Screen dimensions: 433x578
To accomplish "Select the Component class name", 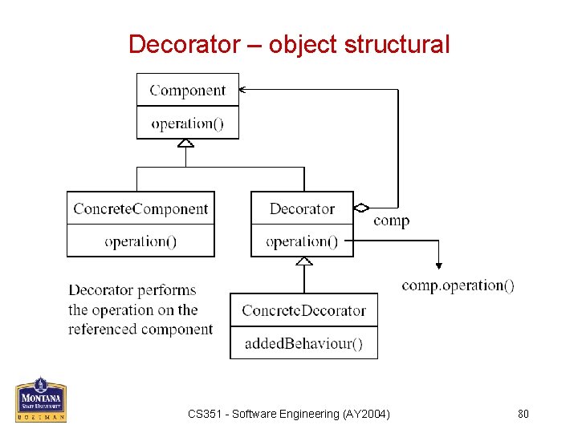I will [188, 91].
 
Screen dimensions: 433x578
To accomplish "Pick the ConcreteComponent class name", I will [140, 209].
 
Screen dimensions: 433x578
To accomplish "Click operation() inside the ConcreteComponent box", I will [140, 241].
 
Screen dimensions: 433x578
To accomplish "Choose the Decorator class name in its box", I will [302, 209].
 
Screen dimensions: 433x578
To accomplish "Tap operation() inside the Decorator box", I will [302, 241].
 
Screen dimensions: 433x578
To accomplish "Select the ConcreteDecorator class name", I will [303, 310].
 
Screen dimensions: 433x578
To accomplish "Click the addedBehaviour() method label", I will [303, 344].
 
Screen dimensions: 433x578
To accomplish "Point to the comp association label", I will [391, 221].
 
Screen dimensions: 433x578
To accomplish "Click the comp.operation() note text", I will [458, 285].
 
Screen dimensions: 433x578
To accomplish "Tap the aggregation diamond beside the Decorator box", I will [361, 208].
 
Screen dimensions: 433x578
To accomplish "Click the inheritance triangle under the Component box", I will [186, 144].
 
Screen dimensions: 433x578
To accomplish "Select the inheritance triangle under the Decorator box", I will [303, 261].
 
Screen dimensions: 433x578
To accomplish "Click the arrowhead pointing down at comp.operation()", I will [438, 265].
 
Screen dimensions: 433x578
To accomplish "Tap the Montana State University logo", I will [40, 399].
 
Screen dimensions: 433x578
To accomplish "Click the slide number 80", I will [523, 414].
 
